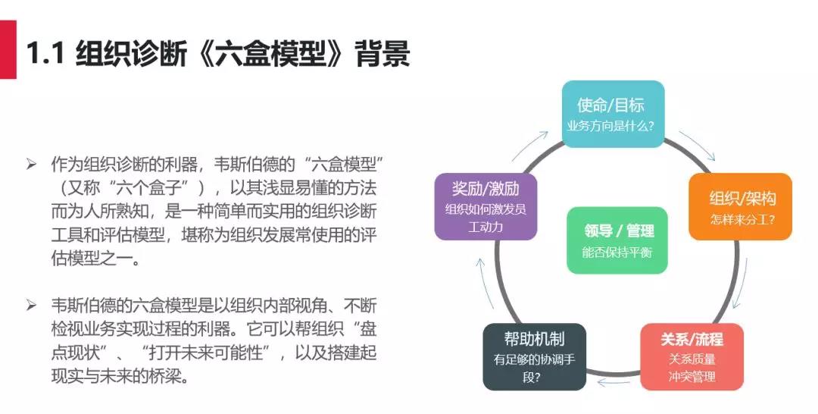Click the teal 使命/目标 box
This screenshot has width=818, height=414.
(x=613, y=114)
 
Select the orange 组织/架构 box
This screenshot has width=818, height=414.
(x=740, y=207)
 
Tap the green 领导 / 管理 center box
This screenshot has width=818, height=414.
(x=617, y=240)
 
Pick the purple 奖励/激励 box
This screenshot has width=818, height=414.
(x=485, y=207)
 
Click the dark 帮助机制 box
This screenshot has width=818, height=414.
(x=534, y=357)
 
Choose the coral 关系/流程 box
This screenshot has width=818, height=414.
(x=692, y=357)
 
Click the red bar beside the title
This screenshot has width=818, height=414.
(x=8, y=49)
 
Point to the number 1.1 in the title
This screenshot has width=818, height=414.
(x=45, y=53)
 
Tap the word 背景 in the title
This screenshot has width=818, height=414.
(x=382, y=53)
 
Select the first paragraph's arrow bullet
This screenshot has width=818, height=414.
(x=31, y=165)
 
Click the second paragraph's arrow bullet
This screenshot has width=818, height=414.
(x=31, y=305)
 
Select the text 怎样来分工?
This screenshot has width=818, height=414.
(x=742, y=219)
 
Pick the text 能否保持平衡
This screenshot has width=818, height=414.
(x=617, y=252)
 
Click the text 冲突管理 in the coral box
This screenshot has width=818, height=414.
(x=692, y=376)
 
